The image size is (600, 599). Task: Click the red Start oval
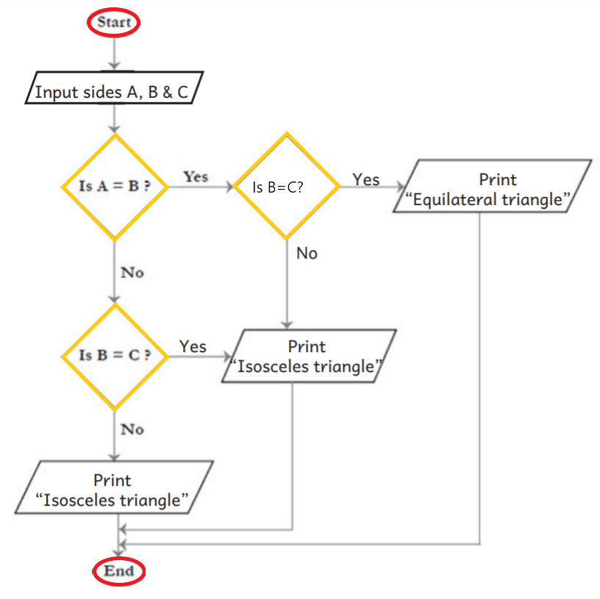pyautogui.click(x=114, y=22)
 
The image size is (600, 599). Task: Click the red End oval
pyautogui.click(x=119, y=571)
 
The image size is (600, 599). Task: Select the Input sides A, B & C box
pyautogui.click(x=111, y=93)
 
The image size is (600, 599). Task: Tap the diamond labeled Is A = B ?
pyautogui.click(x=114, y=186)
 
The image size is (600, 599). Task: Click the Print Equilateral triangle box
pyautogui.click(x=493, y=190)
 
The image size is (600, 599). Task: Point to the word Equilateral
pyautogui.click(x=457, y=200)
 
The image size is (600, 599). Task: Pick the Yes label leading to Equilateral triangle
pyautogui.click(x=365, y=179)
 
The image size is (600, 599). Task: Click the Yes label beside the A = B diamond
pyautogui.click(x=196, y=177)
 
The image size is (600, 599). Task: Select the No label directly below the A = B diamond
pyautogui.click(x=132, y=273)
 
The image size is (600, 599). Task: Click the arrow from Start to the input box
pyautogui.click(x=114, y=53)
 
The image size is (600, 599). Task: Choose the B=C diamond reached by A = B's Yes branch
pyautogui.click(x=286, y=186)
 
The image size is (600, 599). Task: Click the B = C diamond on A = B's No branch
pyautogui.click(x=114, y=356)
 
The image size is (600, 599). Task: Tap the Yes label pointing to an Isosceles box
pyautogui.click(x=193, y=346)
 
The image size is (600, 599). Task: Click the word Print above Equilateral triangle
pyautogui.click(x=498, y=179)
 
